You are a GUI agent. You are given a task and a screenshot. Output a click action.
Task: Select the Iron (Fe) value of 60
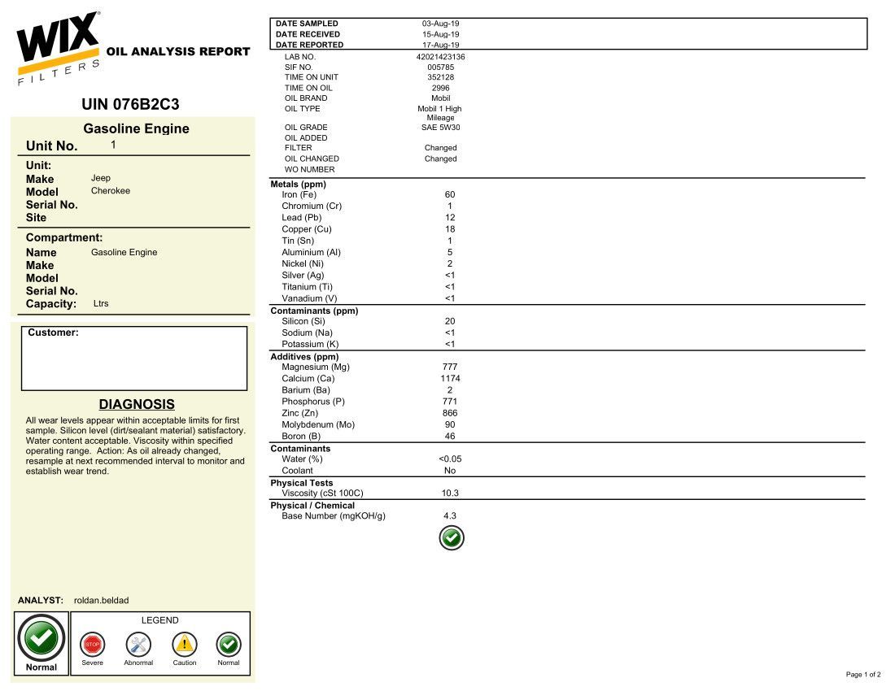(450, 194)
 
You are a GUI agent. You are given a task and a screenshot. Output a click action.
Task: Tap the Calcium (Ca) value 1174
(450, 379)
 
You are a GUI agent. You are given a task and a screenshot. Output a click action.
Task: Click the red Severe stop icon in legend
(93, 645)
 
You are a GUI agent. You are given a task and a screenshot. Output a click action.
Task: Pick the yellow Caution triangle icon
(185, 645)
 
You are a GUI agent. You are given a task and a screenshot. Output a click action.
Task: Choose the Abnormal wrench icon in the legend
(138, 645)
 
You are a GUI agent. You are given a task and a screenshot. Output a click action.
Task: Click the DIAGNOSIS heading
(137, 404)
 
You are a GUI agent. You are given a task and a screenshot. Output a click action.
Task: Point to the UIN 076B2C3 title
(130, 105)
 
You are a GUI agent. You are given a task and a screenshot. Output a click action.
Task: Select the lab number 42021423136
(440, 57)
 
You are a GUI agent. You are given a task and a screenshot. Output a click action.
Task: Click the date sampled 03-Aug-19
(440, 24)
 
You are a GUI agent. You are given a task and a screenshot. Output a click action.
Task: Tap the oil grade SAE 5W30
(440, 128)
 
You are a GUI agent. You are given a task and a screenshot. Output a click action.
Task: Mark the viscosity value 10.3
(450, 493)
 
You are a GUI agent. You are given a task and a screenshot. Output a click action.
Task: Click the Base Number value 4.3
(450, 516)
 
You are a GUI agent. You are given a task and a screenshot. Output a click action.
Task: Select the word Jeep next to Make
(101, 178)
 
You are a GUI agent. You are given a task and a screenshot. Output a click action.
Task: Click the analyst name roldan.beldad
(101, 600)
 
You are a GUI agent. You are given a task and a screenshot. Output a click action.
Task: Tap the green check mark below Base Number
(451, 538)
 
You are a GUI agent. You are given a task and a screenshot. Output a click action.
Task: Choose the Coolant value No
(450, 471)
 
